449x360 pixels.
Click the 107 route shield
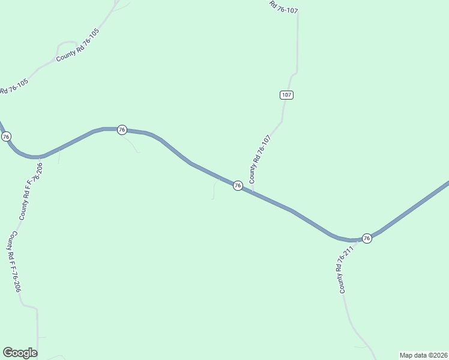[x=286, y=95]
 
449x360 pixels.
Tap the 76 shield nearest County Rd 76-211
[x=367, y=238]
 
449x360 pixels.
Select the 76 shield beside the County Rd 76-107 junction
[x=238, y=186]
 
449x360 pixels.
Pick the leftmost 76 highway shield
[x=6, y=137]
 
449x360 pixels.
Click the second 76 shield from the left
[x=122, y=130]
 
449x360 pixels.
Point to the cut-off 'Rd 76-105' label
[x=14, y=87]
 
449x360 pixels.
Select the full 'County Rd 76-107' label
[x=260, y=159]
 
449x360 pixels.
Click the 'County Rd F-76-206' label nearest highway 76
[x=30, y=191]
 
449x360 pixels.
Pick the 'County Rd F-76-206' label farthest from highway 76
[x=14, y=262]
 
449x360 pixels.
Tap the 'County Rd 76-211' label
[x=343, y=270]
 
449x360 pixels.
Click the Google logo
[x=20, y=353]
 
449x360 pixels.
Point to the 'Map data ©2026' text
[x=423, y=355]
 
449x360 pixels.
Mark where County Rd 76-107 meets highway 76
[x=253, y=193]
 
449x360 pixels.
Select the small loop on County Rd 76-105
[x=67, y=46]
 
